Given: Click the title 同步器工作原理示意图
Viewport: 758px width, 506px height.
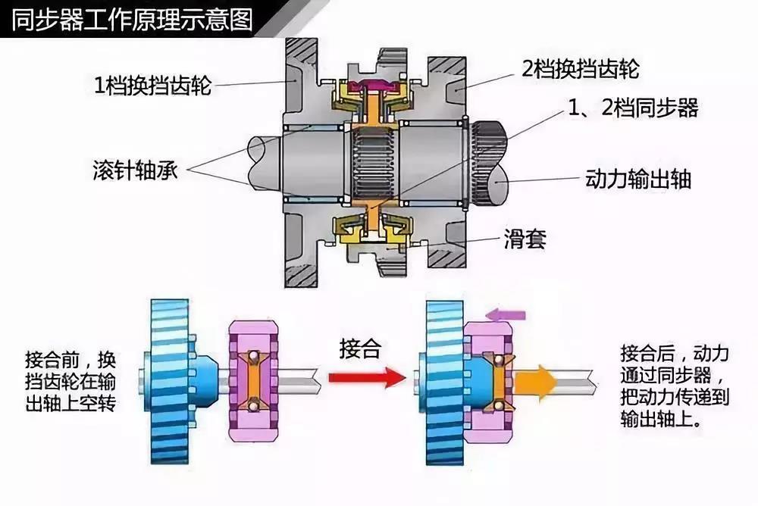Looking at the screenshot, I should click(x=133, y=18).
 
